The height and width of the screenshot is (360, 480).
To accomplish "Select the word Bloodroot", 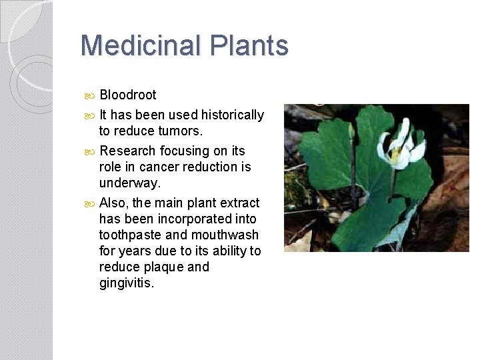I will (127, 95).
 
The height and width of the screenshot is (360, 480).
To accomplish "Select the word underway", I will (130, 183).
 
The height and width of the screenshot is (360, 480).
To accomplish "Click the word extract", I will (238, 203).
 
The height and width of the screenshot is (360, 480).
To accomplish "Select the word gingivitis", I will (126, 283).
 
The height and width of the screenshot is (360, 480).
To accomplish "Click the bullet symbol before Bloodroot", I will (91, 95).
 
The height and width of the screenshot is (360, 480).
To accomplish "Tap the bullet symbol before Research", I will (91, 151).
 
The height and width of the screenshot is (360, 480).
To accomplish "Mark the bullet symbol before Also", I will (91, 203).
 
